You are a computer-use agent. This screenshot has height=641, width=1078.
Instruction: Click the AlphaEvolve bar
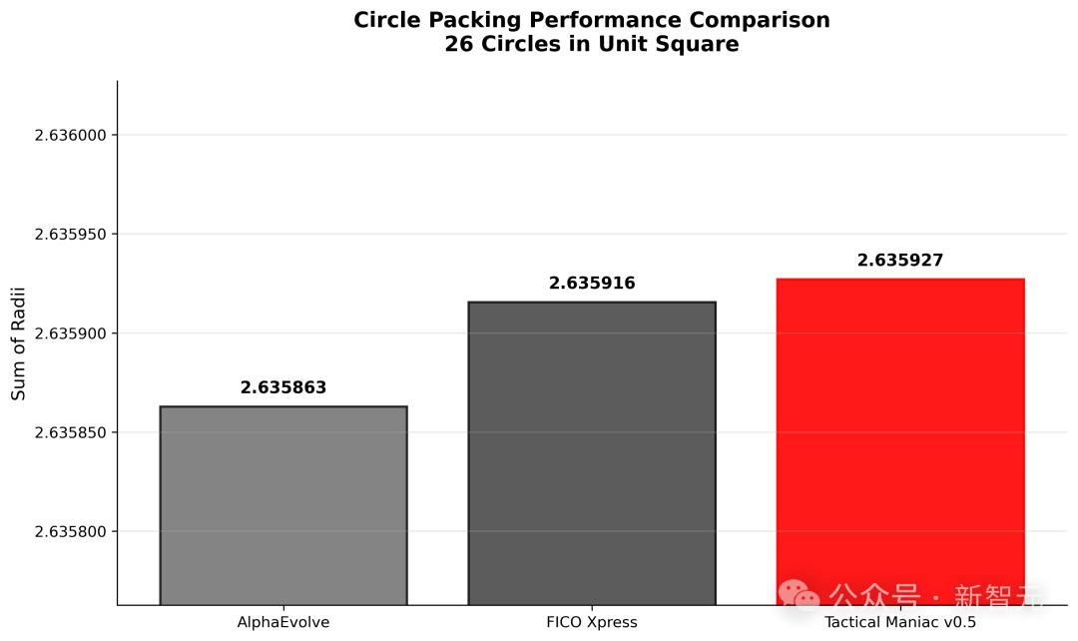tap(283, 505)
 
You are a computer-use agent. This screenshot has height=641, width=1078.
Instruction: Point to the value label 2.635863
tap(283, 388)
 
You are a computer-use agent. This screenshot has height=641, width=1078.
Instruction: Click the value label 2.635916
tap(592, 284)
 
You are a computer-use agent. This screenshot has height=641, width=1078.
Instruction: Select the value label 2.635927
tap(900, 262)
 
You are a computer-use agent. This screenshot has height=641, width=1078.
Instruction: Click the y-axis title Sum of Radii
tap(19, 343)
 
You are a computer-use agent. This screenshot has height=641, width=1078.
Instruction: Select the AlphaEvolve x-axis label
tap(283, 623)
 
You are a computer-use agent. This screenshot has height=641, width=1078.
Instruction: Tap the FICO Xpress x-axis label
tap(592, 623)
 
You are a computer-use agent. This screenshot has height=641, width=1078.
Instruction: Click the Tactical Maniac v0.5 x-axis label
tap(900, 623)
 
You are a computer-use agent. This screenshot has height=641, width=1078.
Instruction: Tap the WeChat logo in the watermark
tap(801, 595)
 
